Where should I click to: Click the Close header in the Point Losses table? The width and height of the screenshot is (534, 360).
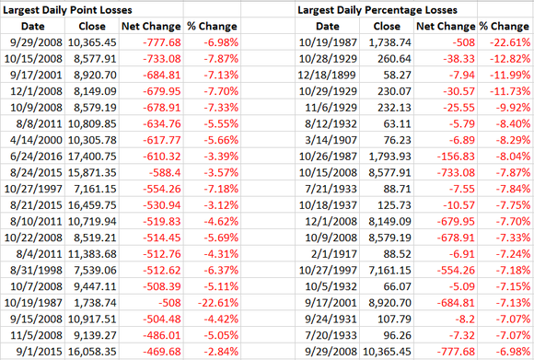(95, 27)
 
